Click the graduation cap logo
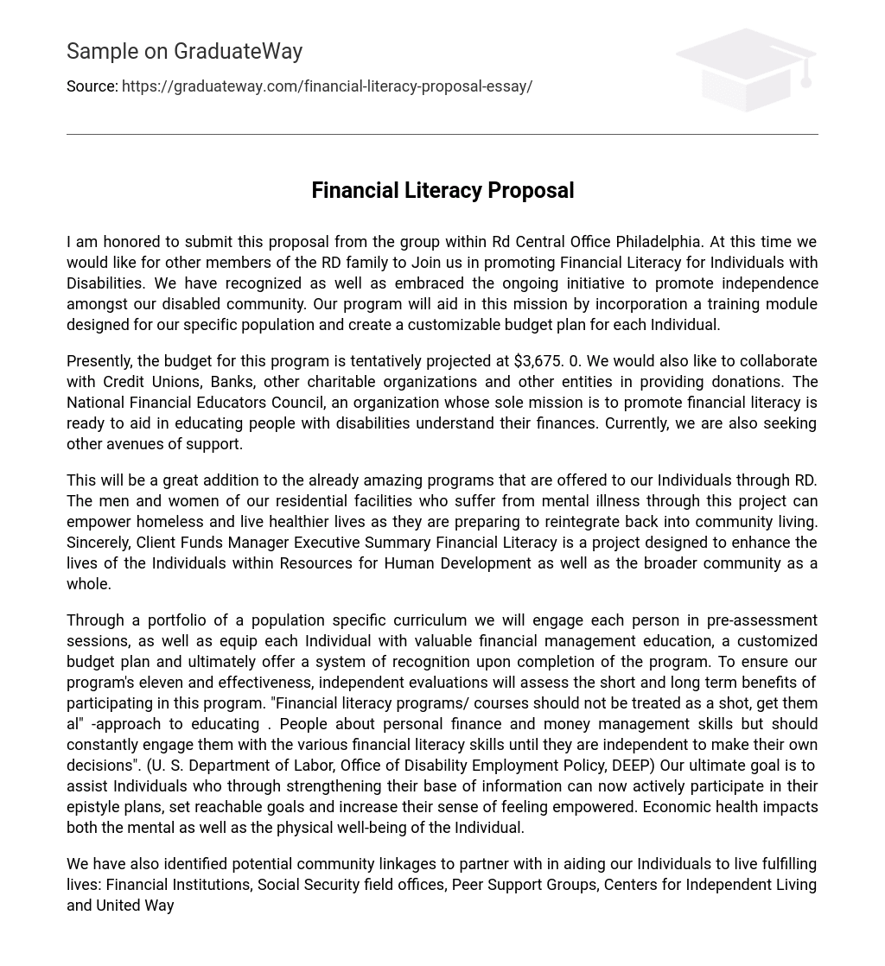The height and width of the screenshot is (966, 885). (745, 70)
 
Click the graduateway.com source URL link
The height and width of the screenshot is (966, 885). (327, 86)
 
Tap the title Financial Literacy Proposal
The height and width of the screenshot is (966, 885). (442, 190)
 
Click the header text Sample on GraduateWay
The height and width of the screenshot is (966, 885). (184, 52)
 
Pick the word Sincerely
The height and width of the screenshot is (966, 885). (98, 543)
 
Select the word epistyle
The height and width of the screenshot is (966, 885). (95, 807)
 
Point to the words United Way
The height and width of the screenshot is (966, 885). (135, 906)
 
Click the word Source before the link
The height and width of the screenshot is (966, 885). (91, 86)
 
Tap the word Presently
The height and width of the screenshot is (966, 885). (99, 361)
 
